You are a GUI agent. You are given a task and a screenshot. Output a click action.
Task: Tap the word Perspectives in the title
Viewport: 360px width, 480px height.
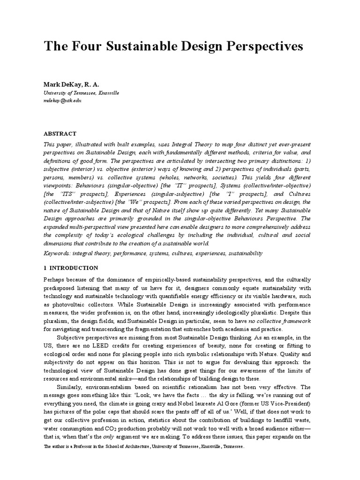click(x=263, y=47)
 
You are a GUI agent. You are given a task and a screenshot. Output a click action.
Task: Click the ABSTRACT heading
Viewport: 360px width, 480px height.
click(x=60, y=134)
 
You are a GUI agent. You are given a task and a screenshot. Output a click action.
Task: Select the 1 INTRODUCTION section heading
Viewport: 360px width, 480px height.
click(x=71, y=268)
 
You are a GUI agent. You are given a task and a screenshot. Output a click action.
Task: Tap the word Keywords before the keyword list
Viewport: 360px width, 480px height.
click(x=57, y=253)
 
